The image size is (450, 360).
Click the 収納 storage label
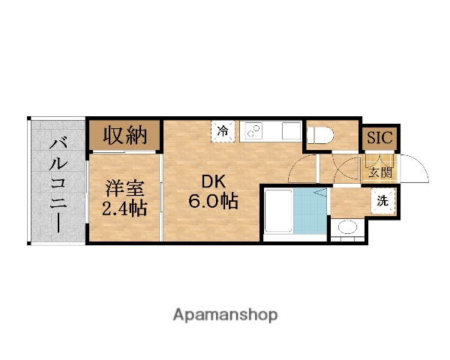coord(124,136)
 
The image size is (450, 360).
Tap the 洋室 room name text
coord(123,187)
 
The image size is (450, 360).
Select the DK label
coord(213,181)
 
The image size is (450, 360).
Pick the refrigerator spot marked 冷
coord(223,131)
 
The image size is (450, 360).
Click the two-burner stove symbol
coord(253,131)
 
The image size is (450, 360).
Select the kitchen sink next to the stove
coord(289,131)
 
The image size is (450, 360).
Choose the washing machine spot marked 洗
coord(382,201)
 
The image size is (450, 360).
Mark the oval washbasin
coord(346,227)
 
